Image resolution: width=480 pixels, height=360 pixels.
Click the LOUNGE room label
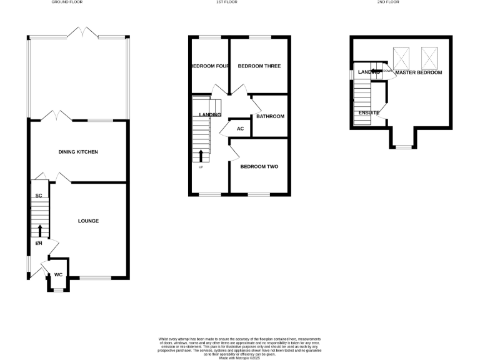[88, 221]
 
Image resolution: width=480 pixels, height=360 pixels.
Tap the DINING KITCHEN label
[78, 152]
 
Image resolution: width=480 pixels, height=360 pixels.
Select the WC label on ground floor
[58, 274]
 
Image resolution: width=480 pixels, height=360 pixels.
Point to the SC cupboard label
[38, 196]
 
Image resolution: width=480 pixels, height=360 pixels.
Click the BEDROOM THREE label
[259, 66]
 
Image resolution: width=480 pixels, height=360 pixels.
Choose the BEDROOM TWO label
[259, 167]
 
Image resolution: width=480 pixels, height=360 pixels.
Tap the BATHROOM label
[270, 116]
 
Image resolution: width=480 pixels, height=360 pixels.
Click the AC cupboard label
[239, 129]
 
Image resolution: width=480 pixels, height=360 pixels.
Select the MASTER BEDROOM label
[418, 72]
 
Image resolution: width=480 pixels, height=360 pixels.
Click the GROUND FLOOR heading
[67, 2]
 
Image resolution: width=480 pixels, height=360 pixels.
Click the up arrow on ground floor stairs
[40, 231]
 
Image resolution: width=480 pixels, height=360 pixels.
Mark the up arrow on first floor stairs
[201, 156]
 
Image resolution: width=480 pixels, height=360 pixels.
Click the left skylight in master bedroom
[401, 58]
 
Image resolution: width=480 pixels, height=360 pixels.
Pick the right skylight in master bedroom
[429, 58]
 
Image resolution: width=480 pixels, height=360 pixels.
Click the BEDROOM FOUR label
[208, 66]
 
